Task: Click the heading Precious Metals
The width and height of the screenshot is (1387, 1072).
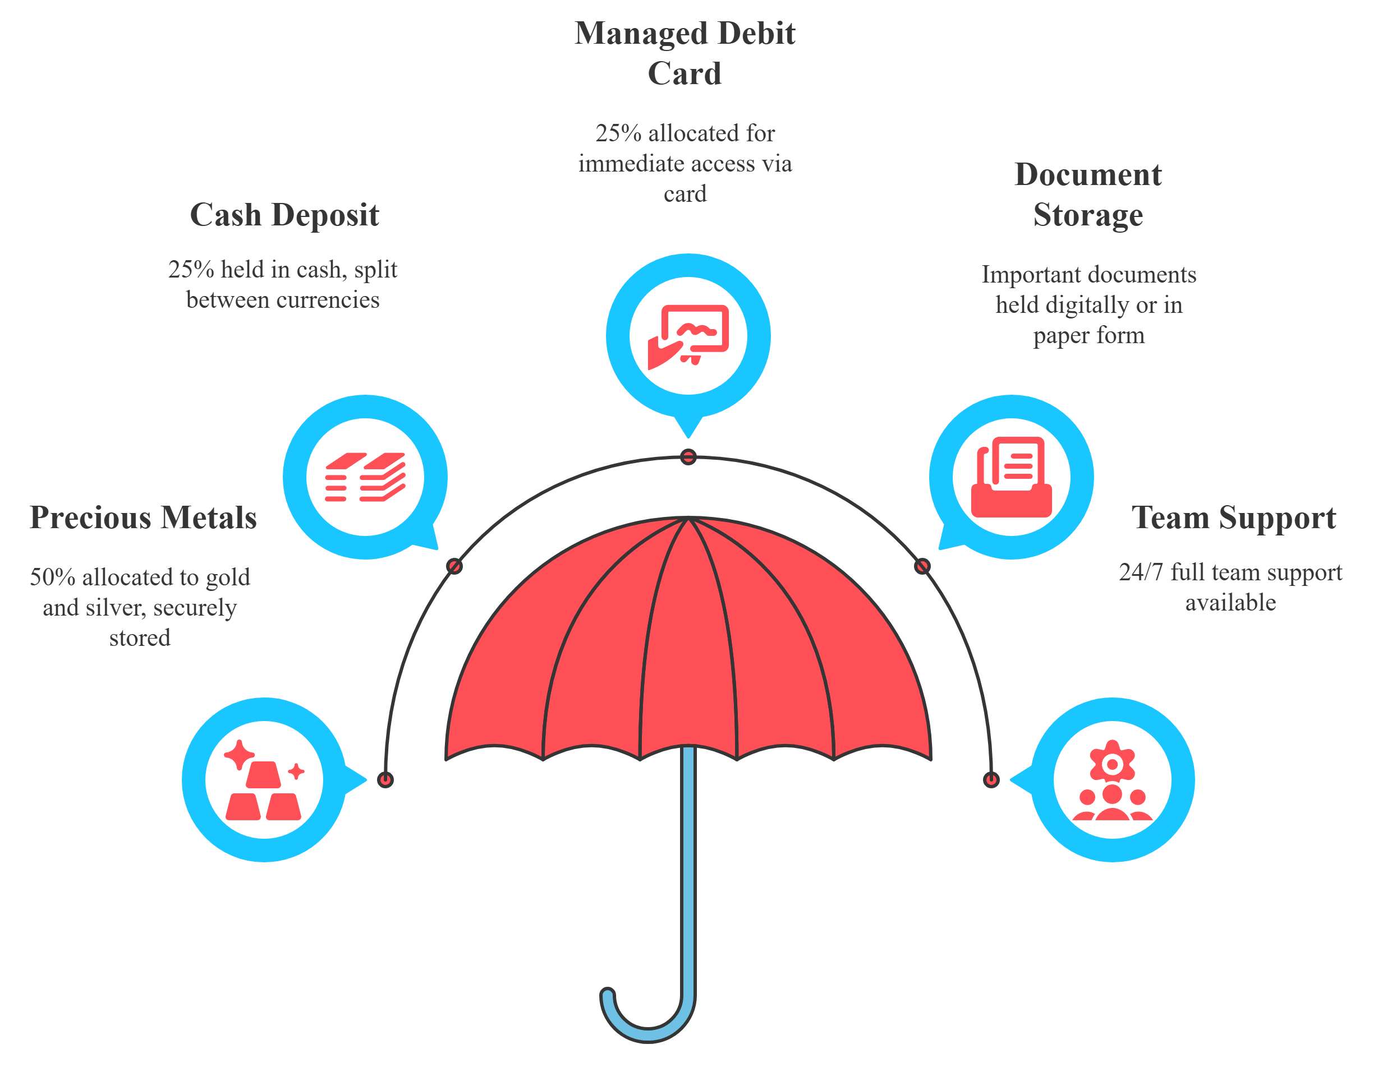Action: pos(144,518)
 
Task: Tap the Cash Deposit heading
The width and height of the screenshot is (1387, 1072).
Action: pos(284,215)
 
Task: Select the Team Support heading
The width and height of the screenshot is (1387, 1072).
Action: pos(1233,518)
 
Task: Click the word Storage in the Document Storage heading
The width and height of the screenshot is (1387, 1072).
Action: pos(1088,215)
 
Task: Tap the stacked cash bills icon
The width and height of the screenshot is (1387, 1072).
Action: pos(365,477)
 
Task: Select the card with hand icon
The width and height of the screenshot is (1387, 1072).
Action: pos(688,336)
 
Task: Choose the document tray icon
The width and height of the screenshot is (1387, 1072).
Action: pos(1011,477)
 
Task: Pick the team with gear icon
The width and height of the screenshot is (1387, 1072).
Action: pos(1112,780)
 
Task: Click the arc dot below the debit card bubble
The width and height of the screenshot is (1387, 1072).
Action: pos(688,457)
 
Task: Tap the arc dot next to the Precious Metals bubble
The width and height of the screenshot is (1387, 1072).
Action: pos(385,780)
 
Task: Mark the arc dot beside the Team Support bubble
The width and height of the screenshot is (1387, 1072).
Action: pos(991,780)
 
